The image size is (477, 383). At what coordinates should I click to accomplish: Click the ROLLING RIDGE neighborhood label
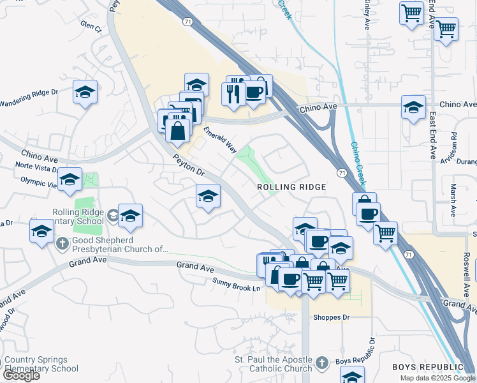(291, 187)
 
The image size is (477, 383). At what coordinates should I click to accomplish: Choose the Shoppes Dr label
(331, 317)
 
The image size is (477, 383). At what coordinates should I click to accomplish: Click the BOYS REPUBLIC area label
(427, 367)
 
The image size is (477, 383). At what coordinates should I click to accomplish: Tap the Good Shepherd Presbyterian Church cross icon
(62, 243)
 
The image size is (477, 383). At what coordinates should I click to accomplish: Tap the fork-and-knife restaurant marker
(233, 93)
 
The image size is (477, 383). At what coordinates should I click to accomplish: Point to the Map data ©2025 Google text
(437, 378)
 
